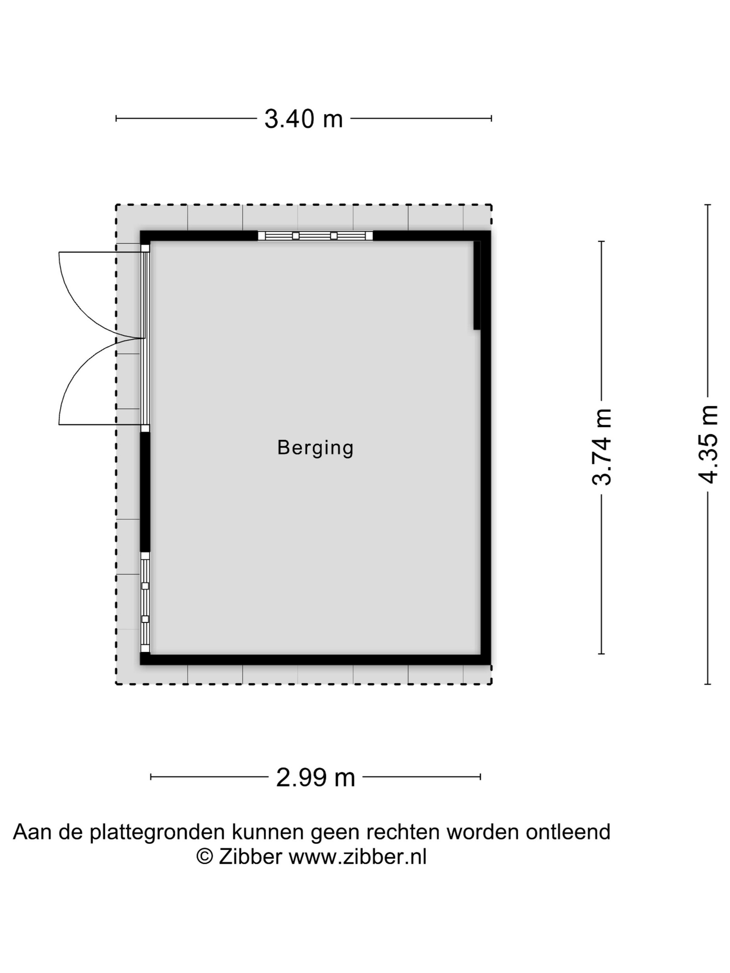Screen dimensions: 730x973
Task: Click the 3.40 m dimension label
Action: [x=303, y=118]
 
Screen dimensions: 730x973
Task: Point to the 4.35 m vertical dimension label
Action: [x=708, y=444]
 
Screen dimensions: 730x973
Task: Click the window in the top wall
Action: [x=315, y=236]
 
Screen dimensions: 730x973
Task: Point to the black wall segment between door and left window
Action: [x=145, y=492]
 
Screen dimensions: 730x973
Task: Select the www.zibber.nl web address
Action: [x=357, y=857]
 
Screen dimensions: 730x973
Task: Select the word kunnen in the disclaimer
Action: [x=268, y=832]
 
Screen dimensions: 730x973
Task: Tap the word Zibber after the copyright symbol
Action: [x=250, y=857]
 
